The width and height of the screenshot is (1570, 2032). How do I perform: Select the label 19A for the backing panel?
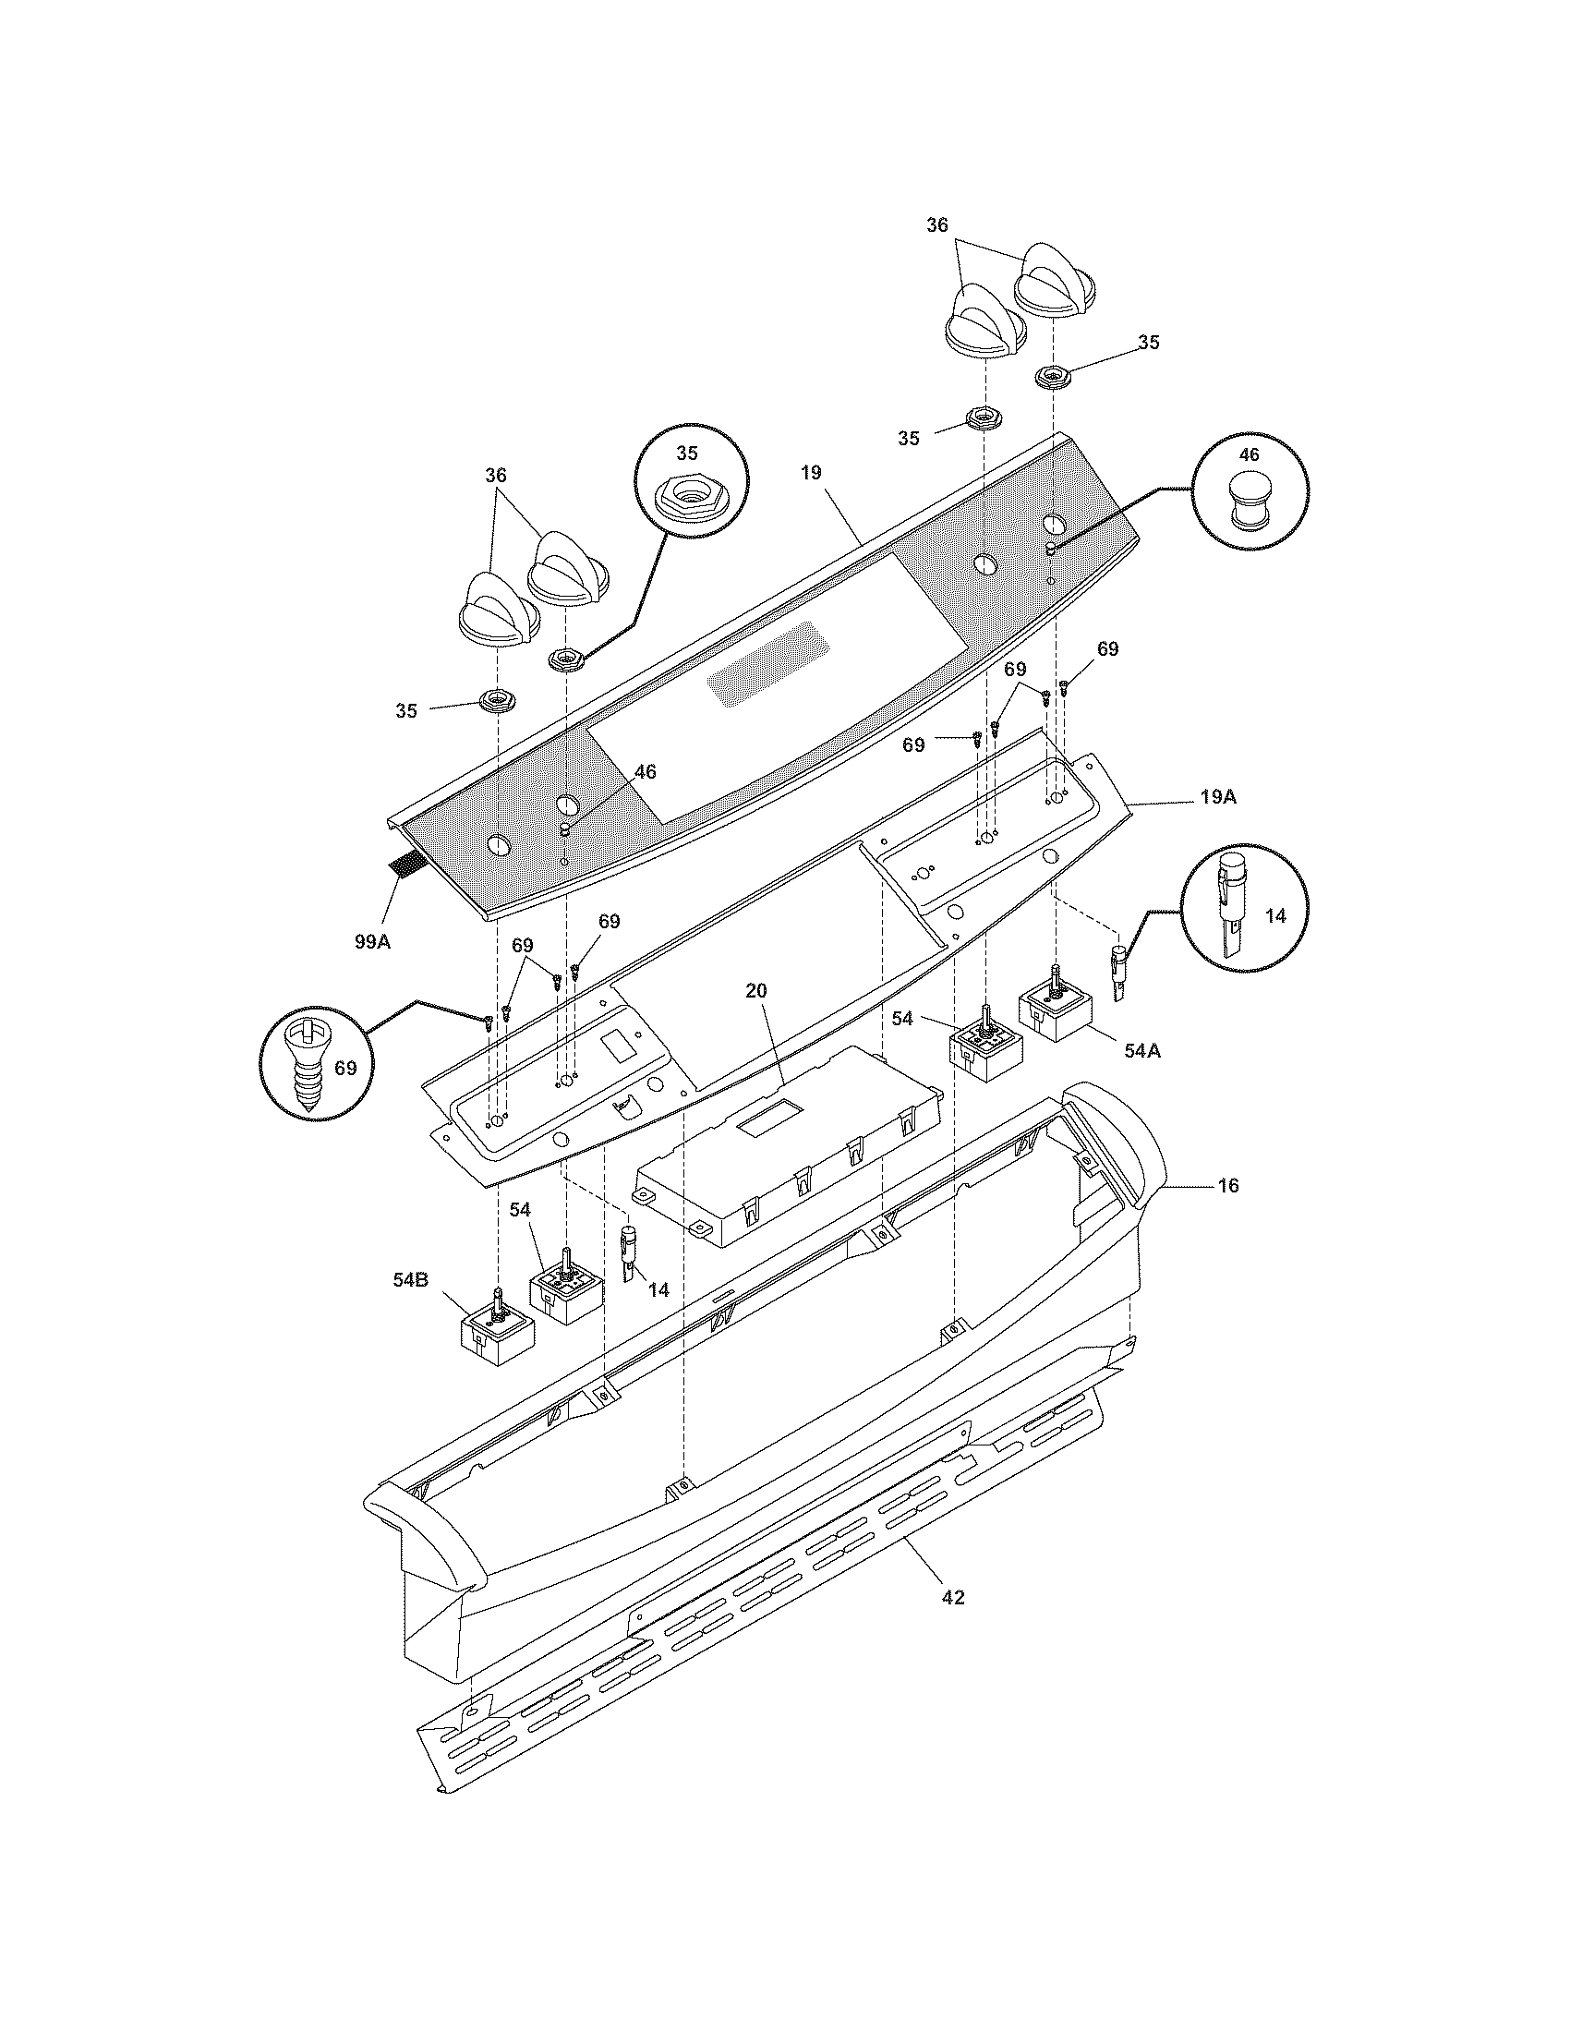[1217, 797]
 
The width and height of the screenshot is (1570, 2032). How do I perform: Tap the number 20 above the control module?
[756, 991]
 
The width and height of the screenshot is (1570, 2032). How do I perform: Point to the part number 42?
[953, 1598]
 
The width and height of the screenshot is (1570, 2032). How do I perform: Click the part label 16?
[1228, 1186]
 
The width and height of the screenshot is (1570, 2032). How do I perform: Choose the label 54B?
[410, 1279]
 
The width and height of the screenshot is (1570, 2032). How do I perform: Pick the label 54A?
[1141, 1050]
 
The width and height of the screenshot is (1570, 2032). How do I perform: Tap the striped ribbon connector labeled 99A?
[405, 865]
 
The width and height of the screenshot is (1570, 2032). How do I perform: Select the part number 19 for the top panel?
[811, 473]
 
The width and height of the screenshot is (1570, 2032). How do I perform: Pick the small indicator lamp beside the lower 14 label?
[627, 1252]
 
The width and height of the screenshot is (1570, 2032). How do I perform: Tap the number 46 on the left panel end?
[645, 772]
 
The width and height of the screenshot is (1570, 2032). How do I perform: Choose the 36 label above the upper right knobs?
[936, 225]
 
